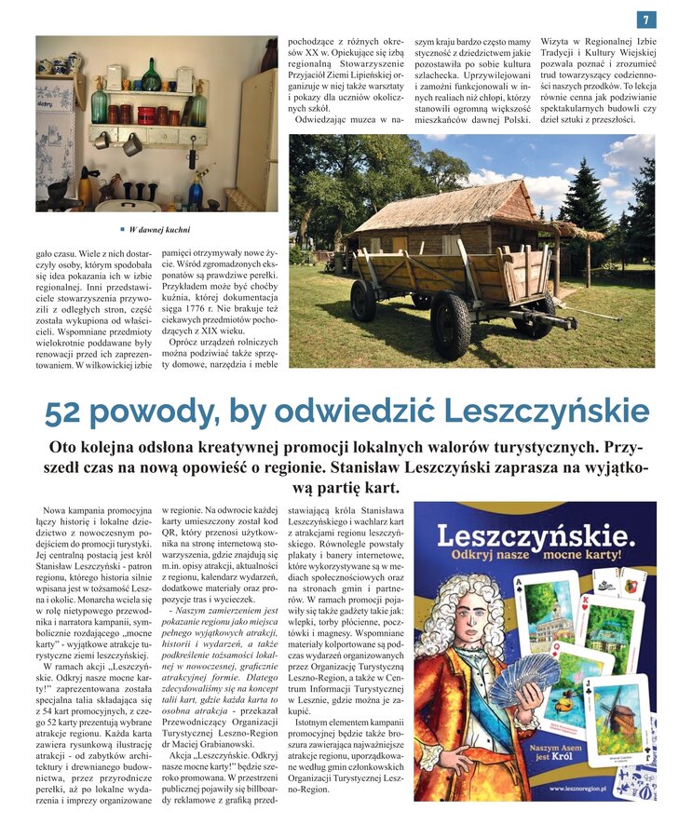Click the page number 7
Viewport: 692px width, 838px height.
tap(646, 20)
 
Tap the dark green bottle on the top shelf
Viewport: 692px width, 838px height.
tap(150, 76)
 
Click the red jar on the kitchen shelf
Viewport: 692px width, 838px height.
tap(145, 115)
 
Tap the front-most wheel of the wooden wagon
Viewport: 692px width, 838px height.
tap(451, 324)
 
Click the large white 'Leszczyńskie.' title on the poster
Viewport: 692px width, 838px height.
tap(536, 535)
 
